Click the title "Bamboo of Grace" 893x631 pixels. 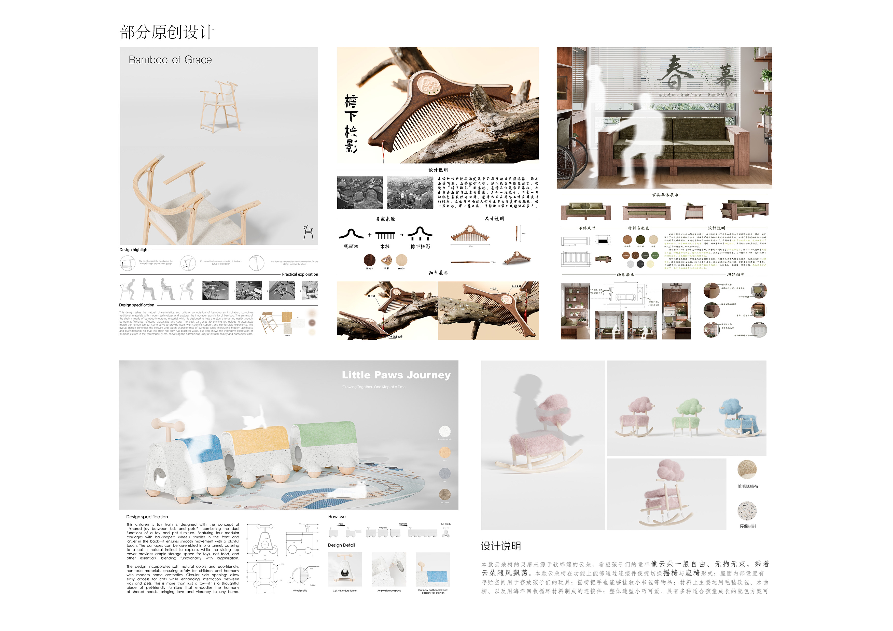(x=170, y=60)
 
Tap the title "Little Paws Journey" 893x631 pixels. (x=396, y=375)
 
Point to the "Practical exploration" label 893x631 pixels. (x=300, y=275)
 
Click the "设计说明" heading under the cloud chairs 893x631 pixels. (x=500, y=546)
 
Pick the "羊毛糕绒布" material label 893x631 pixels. (x=748, y=486)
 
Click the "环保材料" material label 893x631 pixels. (x=748, y=526)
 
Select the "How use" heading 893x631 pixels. (x=337, y=517)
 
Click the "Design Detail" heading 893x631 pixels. (x=341, y=545)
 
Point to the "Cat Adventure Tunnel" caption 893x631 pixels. (x=345, y=591)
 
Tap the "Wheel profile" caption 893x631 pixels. (x=300, y=591)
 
